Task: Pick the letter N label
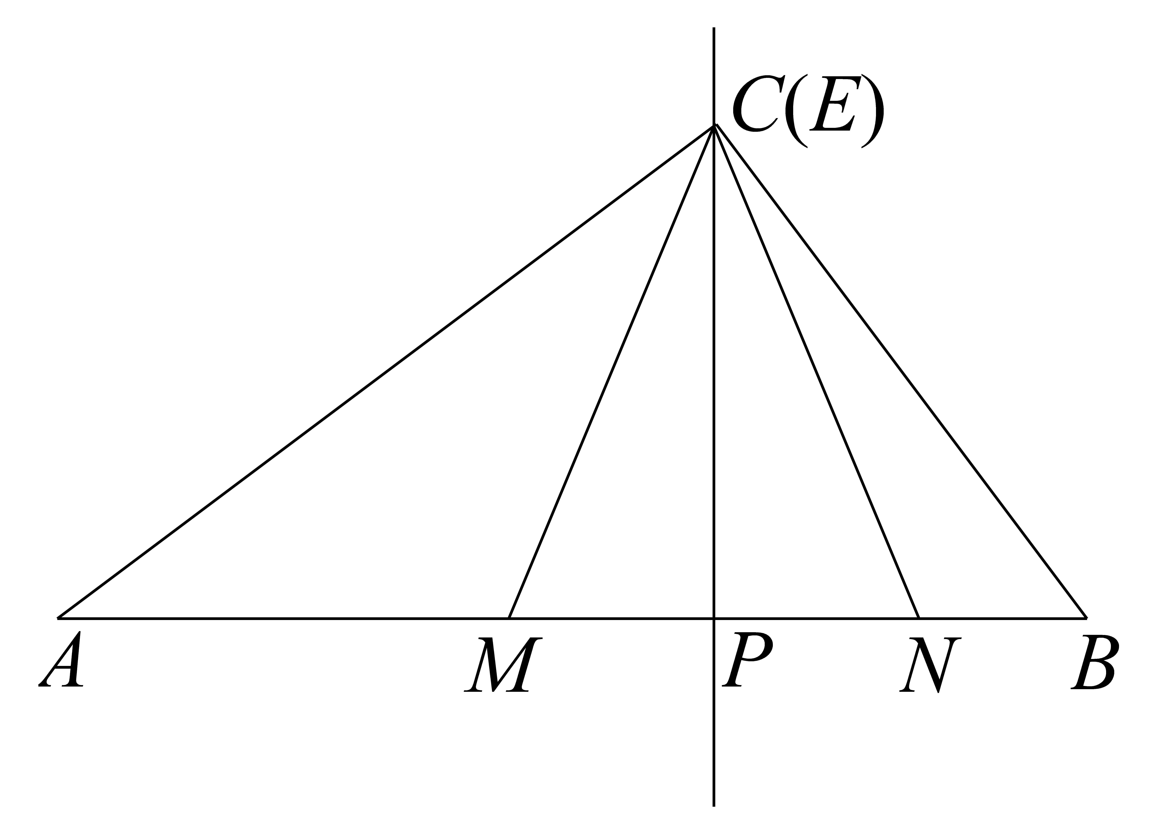click(x=930, y=664)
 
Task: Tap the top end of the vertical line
click(x=714, y=28)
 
